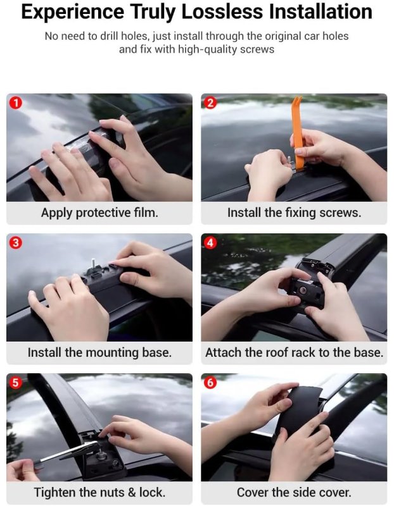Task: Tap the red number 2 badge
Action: coord(210,103)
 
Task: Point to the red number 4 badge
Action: coord(210,243)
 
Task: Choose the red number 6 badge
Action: coord(210,383)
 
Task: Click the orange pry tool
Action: coord(298,132)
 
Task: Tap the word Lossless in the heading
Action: coord(222,12)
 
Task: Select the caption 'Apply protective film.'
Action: coord(99,213)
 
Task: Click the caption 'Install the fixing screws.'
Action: coord(294,213)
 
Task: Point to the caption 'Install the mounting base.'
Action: coord(99,353)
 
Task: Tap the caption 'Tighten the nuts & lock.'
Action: coord(99,493)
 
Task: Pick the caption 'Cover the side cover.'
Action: coord(294,493)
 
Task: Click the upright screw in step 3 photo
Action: coord(94,264)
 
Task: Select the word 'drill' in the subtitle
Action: coord(109,36)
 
